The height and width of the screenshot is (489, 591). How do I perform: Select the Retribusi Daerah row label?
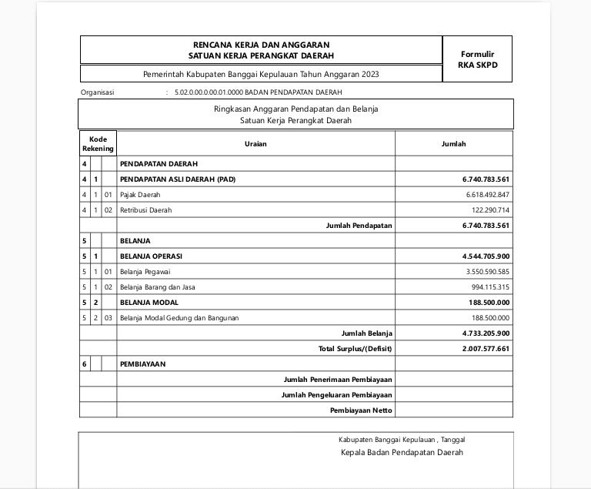point(146,210)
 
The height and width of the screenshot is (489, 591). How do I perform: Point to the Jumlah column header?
point(453,144)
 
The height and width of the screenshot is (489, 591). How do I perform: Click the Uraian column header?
point(255,144)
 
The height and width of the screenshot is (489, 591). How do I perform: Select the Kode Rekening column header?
point(98,144)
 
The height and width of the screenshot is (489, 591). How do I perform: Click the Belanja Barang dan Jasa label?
point(158,287)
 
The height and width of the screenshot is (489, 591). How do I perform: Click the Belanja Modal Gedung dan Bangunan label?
point(179,318)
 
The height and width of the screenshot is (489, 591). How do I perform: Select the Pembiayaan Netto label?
point(361,410)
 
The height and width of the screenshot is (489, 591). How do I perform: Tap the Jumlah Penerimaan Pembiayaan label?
point(338,380)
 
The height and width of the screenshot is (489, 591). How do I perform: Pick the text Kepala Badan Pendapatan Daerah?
point(402,453)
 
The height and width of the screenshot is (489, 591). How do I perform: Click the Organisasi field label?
point(97,92)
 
